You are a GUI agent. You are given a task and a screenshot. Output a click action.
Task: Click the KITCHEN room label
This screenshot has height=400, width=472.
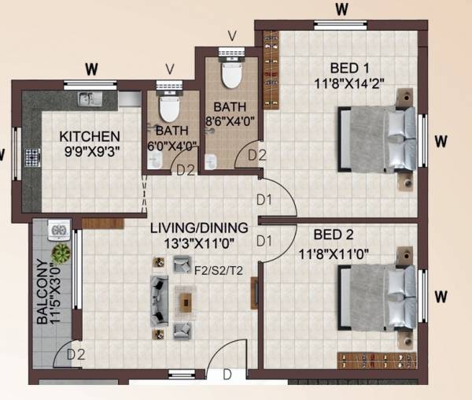[x=90, y=136]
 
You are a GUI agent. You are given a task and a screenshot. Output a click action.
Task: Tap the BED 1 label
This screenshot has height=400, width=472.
[x=342, y=66]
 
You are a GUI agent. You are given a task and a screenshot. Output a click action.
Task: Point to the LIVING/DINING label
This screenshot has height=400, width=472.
[x=199, y=228]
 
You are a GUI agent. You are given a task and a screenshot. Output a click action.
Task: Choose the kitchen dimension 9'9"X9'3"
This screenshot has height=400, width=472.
[x=90, y=154]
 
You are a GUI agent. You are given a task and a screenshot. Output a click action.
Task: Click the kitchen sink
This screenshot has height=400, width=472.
[x=85, y=99]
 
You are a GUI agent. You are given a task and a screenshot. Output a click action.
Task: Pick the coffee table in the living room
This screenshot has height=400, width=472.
[x=186, y=301]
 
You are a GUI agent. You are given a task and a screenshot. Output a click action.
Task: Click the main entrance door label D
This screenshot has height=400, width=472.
[x=227, y=375]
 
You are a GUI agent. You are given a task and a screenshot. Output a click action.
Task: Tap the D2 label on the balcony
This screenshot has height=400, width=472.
[x=76, y=355]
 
